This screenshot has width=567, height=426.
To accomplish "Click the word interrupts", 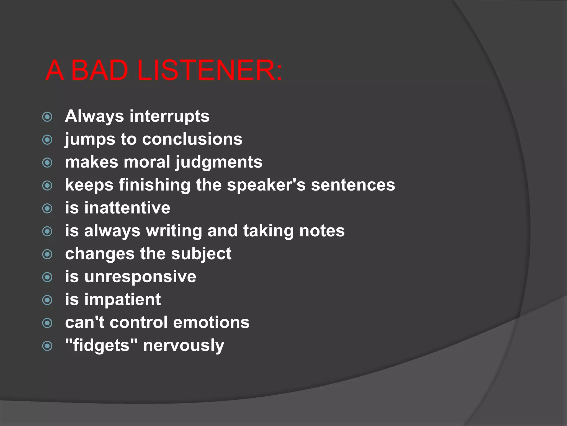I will pos(169,116).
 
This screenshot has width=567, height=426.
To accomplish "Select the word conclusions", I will pos(192,139).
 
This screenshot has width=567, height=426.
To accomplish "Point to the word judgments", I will pos(219,162).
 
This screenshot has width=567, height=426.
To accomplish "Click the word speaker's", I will pos(266,185).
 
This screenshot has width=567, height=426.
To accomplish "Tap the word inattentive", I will pos(127,208).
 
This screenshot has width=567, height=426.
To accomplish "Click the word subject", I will pos(201,254).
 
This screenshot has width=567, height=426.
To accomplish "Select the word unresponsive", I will pos(140,277).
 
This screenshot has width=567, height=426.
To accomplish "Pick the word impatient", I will pos(122,300).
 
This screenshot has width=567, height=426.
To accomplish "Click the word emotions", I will pos(211,323).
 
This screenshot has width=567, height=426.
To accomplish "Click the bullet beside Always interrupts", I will pos(47,117).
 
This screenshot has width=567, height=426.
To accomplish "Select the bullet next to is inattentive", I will pos(47,209).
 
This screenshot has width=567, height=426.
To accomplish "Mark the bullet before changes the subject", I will pos(47,254).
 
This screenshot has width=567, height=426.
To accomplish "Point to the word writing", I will pos(174,231).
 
